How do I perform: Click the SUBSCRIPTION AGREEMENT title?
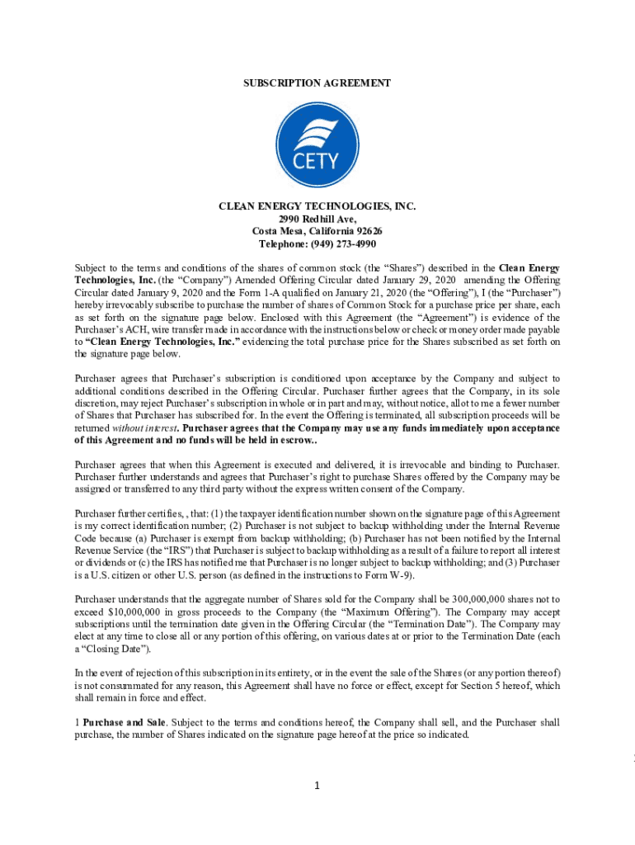click(x=317, y=83)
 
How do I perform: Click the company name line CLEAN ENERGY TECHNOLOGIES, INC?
click(x=317, y=208)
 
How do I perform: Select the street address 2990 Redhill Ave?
click(x=317, y=220)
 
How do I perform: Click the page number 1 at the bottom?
click(x=317, y=785)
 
